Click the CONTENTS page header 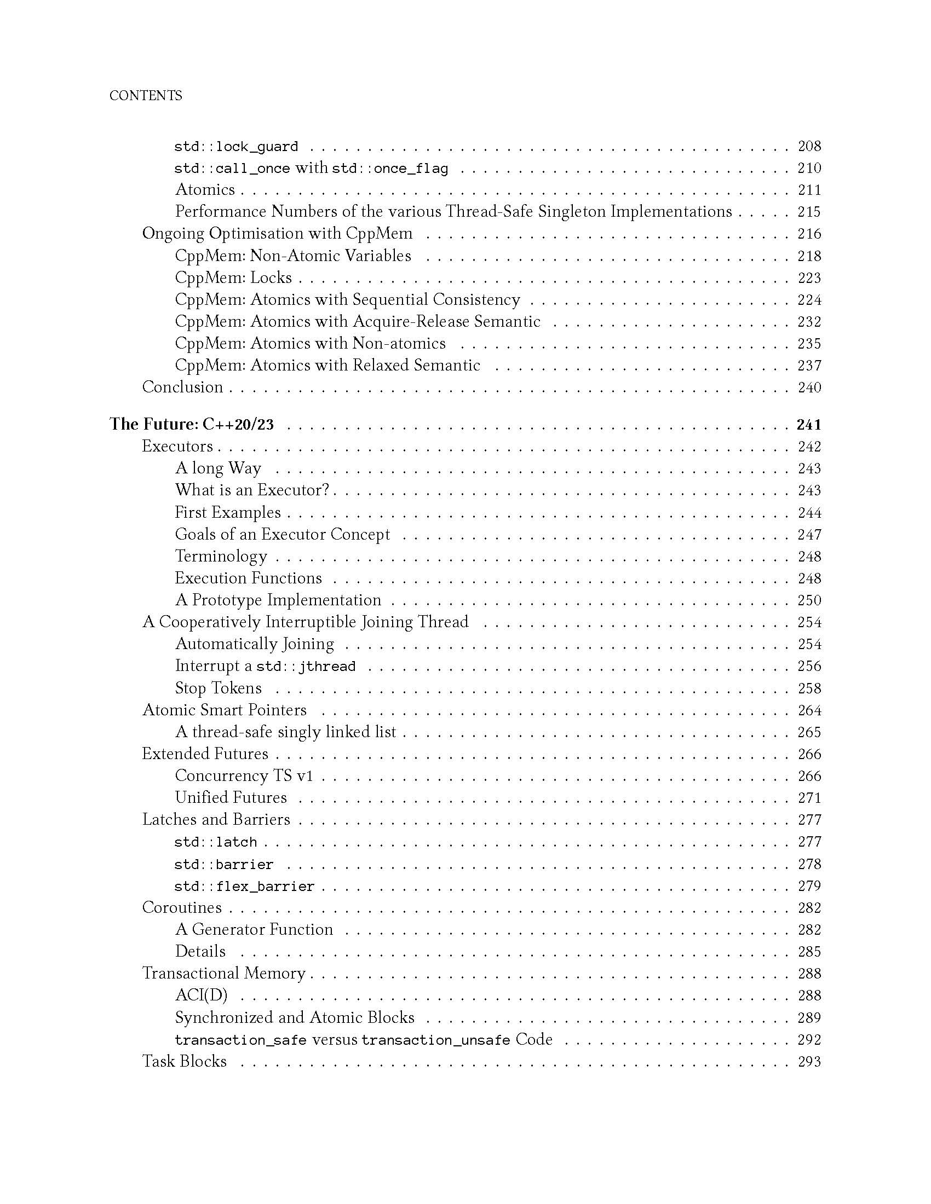146,96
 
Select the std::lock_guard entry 236,147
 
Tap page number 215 809,212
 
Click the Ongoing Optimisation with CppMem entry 277,234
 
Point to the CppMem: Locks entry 233,278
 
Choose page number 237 809,366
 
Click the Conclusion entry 182,387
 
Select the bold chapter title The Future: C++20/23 191,425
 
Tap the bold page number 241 808,425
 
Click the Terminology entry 221,556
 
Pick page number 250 809,600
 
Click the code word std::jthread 306,667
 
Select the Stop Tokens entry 219,688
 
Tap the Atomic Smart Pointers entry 224,710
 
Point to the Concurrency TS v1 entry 244,776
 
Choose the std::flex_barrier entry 244,887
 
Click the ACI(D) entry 202,995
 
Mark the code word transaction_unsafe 436,1040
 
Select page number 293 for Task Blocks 809,1062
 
